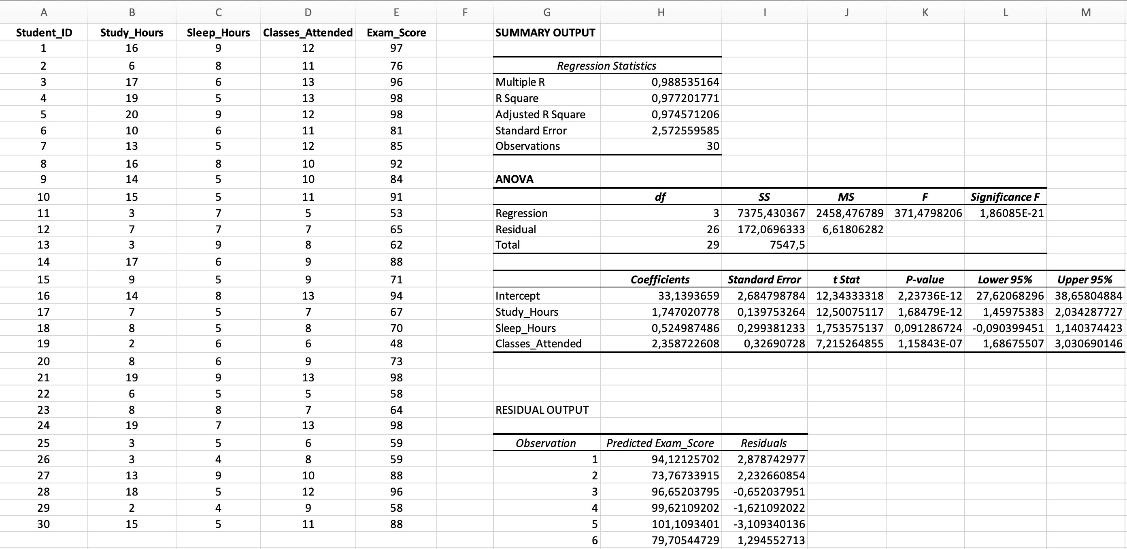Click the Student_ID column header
[44, 32]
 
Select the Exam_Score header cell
[396, 32]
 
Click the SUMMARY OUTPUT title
[545, 32]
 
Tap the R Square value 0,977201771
[685, 98]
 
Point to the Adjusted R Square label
[540, 114]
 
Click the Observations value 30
[713, 146]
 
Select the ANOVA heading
[515, 179]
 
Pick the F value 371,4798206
[928, 213]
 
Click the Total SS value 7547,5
[787, 245]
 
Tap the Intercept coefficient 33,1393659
[688, 296]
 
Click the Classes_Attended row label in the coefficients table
[538, 343]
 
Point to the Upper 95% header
[1084, 279]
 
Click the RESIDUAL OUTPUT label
[542, 410]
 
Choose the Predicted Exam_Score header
[660, 443]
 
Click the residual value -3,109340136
[769, 524]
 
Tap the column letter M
[1085, 12]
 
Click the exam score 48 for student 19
[396, 343]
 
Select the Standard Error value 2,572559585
[685, 130]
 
